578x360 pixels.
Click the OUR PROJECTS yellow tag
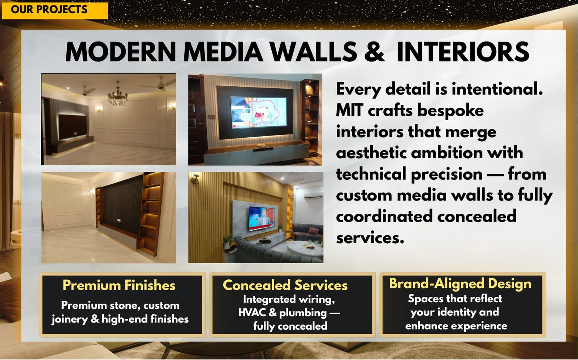[54, 9]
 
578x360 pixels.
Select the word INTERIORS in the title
[463, 52]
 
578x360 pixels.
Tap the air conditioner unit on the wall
[313, 196]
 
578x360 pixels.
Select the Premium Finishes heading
[119, 285]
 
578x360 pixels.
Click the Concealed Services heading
[285, 285]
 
